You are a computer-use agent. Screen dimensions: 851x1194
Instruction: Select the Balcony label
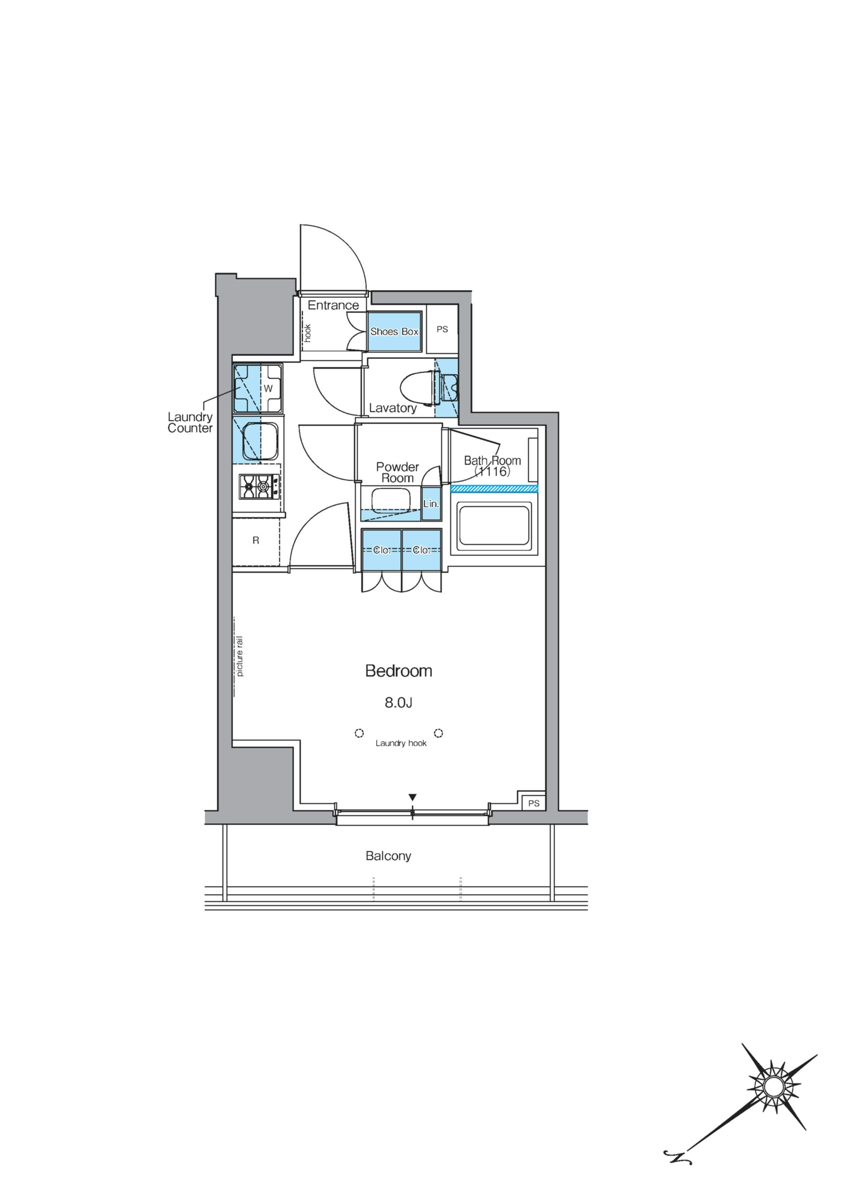pyautogui.click(x=388, y=856)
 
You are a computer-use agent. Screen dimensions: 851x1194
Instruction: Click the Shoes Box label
pyautogui.click(x=394, y=331)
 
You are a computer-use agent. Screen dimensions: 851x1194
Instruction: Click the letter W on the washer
pyautogui.click(x=268, y=388)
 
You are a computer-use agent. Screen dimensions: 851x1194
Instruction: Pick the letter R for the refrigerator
pyautogui.click(x=256, y=540)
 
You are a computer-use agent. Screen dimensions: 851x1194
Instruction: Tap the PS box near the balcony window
pyautogui.click(x=533, y=803)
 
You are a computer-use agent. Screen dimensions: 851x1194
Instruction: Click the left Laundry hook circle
pyautogui.click(x=359, y=733)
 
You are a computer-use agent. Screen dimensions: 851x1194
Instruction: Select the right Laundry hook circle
pyautogui.click(x=439, y=733)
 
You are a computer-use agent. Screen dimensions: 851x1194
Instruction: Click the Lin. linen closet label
pyautogui.click(x=431, y=504)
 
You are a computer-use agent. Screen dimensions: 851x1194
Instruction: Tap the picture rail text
pyautogui.click(x=240, y=656)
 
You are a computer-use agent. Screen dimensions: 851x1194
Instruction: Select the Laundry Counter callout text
pyautogui.click(x=190, y=422)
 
